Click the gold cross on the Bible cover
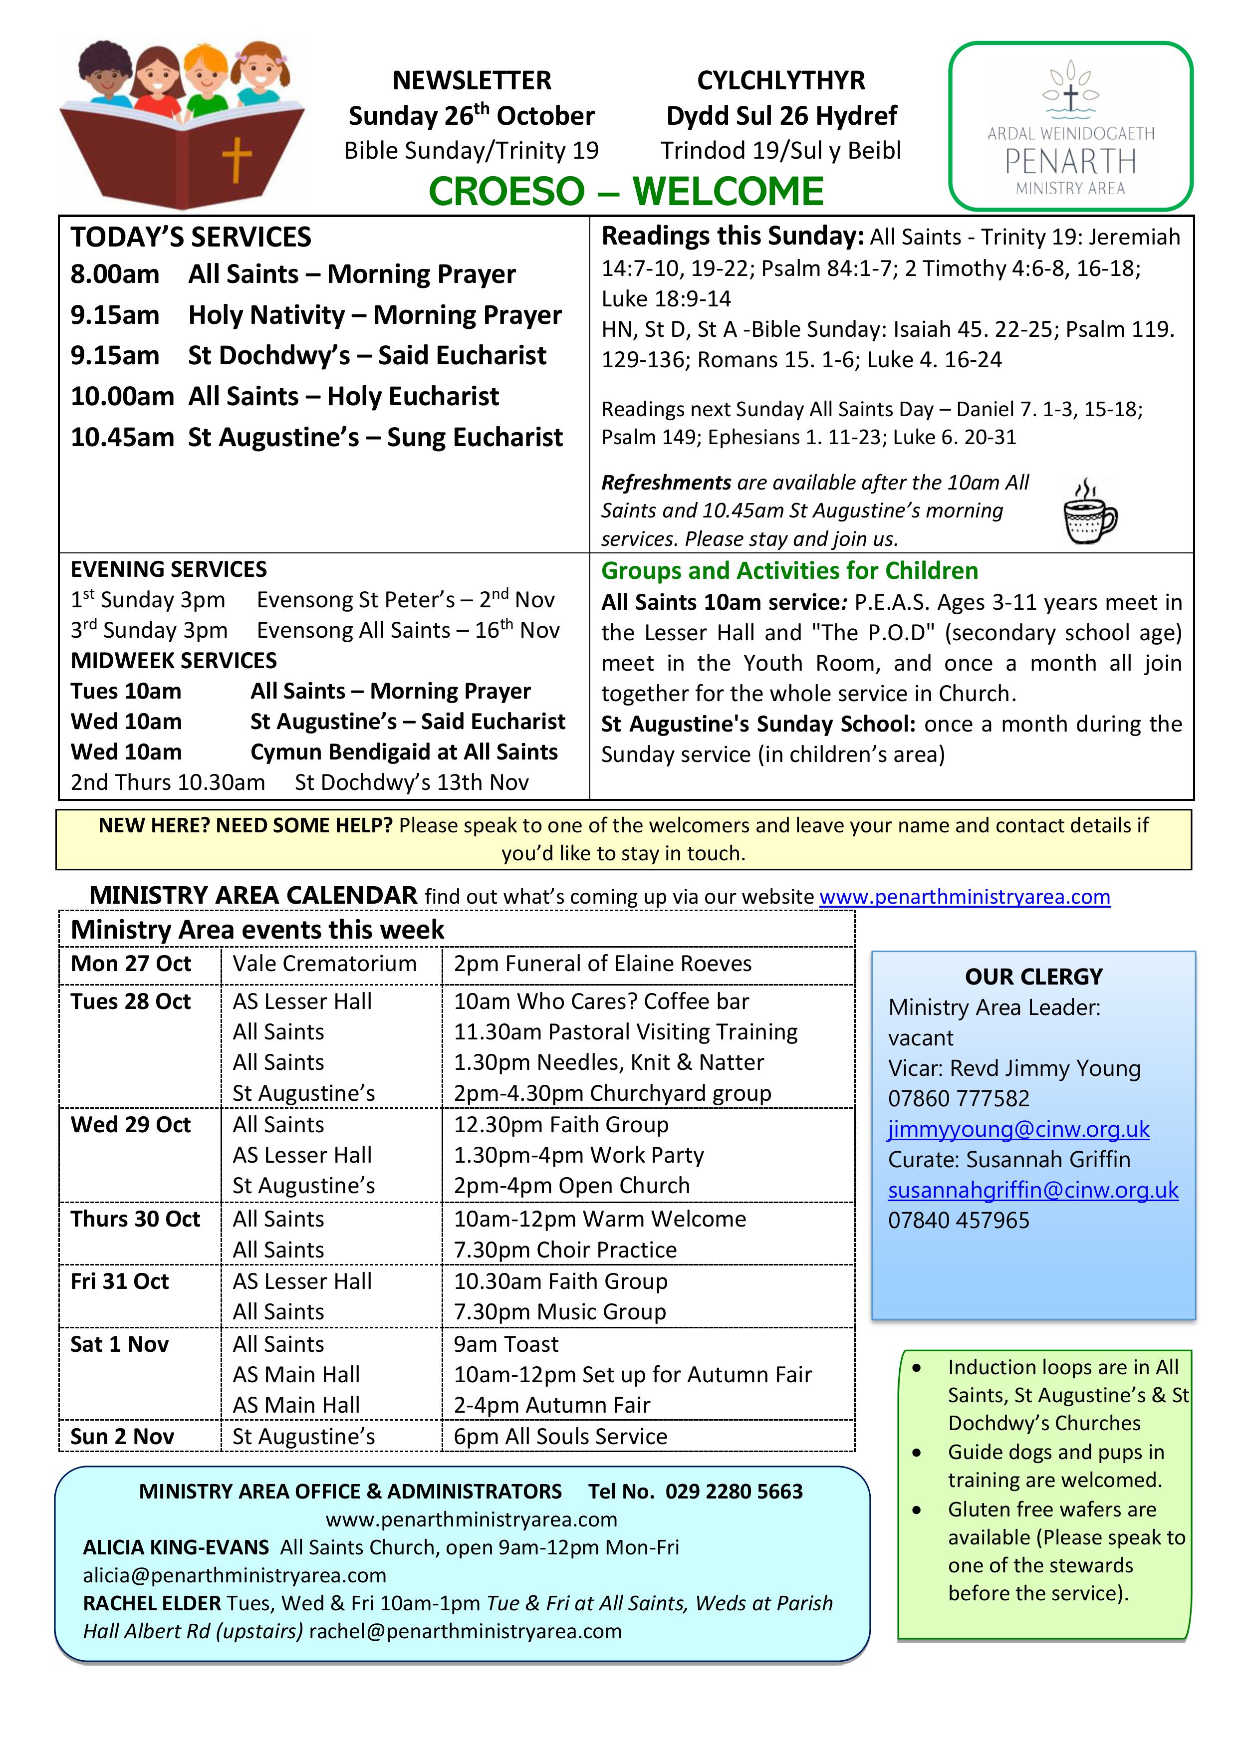click(237, 159)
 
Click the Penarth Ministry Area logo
click(1070, 127)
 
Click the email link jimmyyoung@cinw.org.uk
click(1018, 1129)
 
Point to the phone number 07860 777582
click(958, 1098)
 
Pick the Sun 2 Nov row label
click(122, 1436)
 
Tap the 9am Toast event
click(505, 1344)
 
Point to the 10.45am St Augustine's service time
click(122, 437)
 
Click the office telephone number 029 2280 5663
click(734, 1491)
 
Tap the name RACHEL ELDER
click(152, 1603)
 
